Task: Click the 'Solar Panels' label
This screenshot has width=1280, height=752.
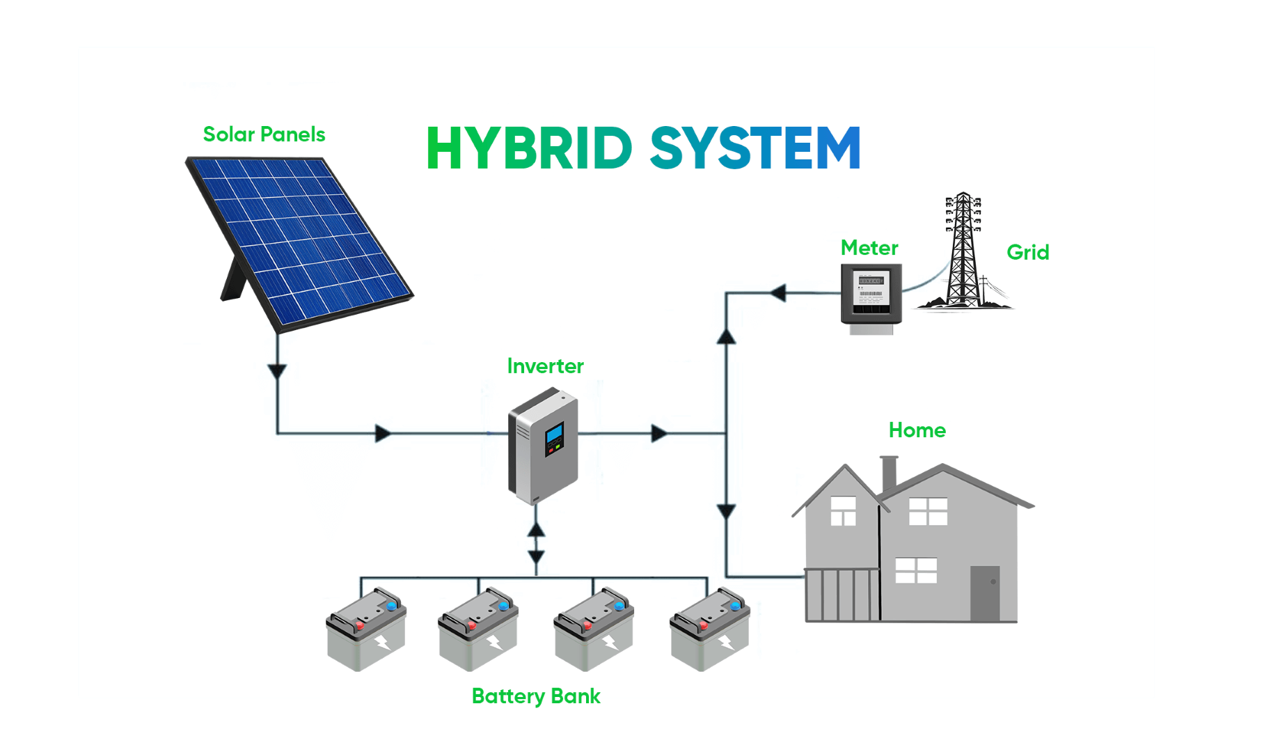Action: (264, 134)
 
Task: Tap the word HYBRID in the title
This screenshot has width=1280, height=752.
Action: (529, 148)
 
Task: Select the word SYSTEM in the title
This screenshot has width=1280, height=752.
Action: (756, 148)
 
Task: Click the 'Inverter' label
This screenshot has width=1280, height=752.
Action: (545, 366)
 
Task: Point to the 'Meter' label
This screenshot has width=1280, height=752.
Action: (869, 248)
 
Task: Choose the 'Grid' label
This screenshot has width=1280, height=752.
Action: (1027, 252)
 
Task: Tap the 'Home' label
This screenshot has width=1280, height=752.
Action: (917, 430)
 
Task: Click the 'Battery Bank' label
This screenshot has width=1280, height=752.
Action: (536, 696)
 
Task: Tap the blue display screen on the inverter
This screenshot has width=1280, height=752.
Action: (555, 434)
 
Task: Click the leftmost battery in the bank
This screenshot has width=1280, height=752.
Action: (366, 630)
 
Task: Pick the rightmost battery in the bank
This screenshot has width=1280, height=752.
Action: (709, 630)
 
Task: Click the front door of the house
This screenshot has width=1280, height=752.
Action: (985, 593)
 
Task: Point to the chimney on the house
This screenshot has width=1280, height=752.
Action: (889, 473)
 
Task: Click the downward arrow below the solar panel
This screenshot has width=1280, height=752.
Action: (278, 371)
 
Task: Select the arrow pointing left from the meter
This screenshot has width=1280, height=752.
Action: (778, 293)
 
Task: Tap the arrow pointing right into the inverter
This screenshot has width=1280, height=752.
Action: (382, 434)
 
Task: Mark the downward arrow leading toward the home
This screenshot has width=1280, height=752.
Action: (726, 512)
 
